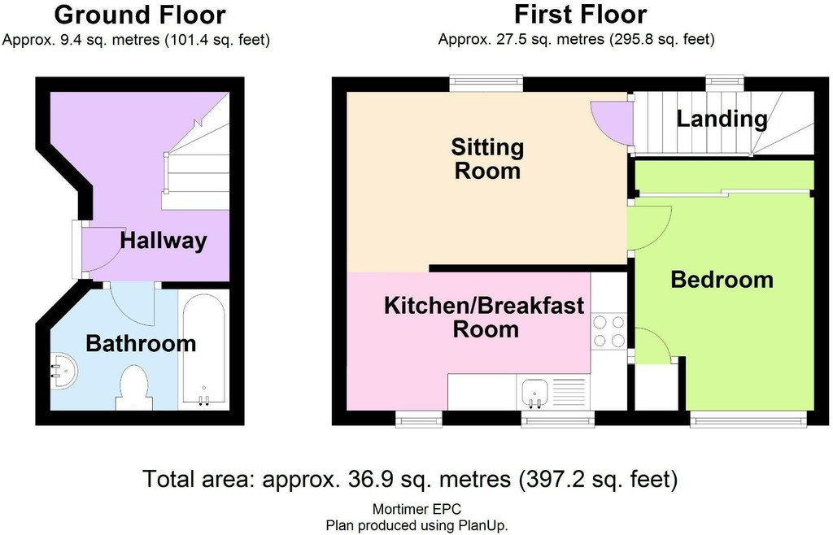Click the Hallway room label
[x=163, y=241]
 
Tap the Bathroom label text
[x=141, y=343]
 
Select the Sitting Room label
[x=487, y=159]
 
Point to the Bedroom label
[x=722, y=279]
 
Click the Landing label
[x=722, y=119]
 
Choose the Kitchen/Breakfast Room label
[x=485, y=317]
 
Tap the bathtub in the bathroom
[x=203, y=350]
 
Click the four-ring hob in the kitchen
[x=608, y=331]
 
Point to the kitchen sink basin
[x=534, y=393]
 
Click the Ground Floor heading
[x=140, y=15]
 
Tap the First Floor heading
[x=580, y=15]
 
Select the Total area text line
[x=410, y=479]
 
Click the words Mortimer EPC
[x=416, y=510]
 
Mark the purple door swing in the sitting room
[x=612, y=123]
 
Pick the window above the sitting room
[x=486, y=84]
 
